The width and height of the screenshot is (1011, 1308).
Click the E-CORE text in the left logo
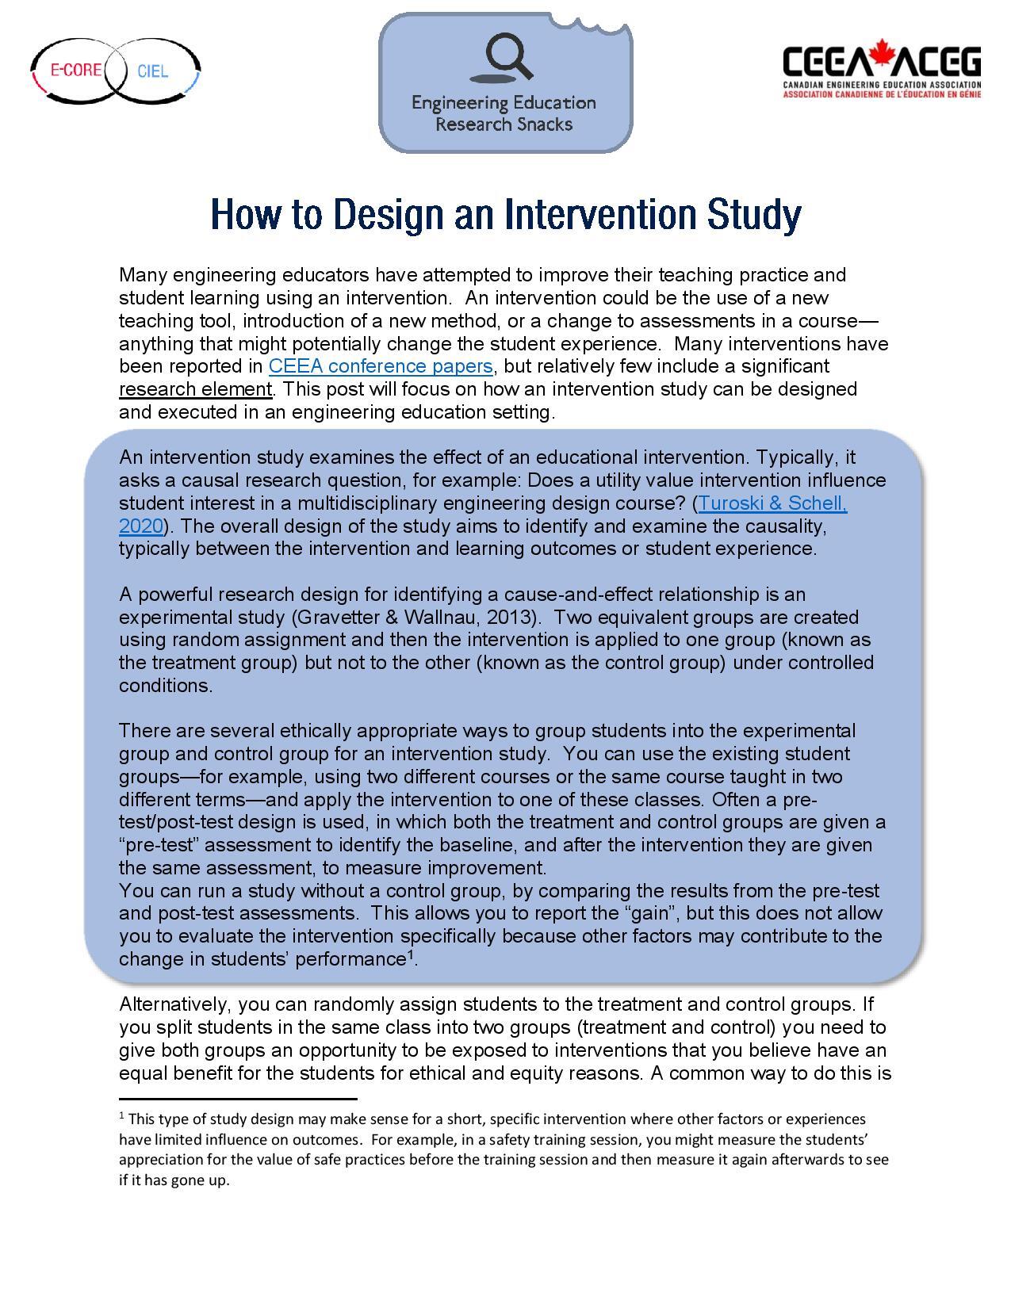[x=76, y=70]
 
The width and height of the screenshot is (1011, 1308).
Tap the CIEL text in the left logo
[x=152, y=71]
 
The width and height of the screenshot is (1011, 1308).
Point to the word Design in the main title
[x=385, y=215]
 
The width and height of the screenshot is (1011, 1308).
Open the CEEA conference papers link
[x=381, y=366]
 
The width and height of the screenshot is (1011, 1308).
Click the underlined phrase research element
[x=195, y=389]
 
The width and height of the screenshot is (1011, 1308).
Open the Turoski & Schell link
[x=772, y=503]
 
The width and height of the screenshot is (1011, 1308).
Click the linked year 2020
[x=140, y=526]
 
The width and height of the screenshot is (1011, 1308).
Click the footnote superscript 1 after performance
[x=411, y=955]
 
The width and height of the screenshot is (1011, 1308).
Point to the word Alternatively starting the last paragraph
[x=174, y=1004]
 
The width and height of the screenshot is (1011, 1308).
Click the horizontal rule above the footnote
[x=238, y=1099]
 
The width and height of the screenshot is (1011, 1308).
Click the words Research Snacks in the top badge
[x=504, y=124]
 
